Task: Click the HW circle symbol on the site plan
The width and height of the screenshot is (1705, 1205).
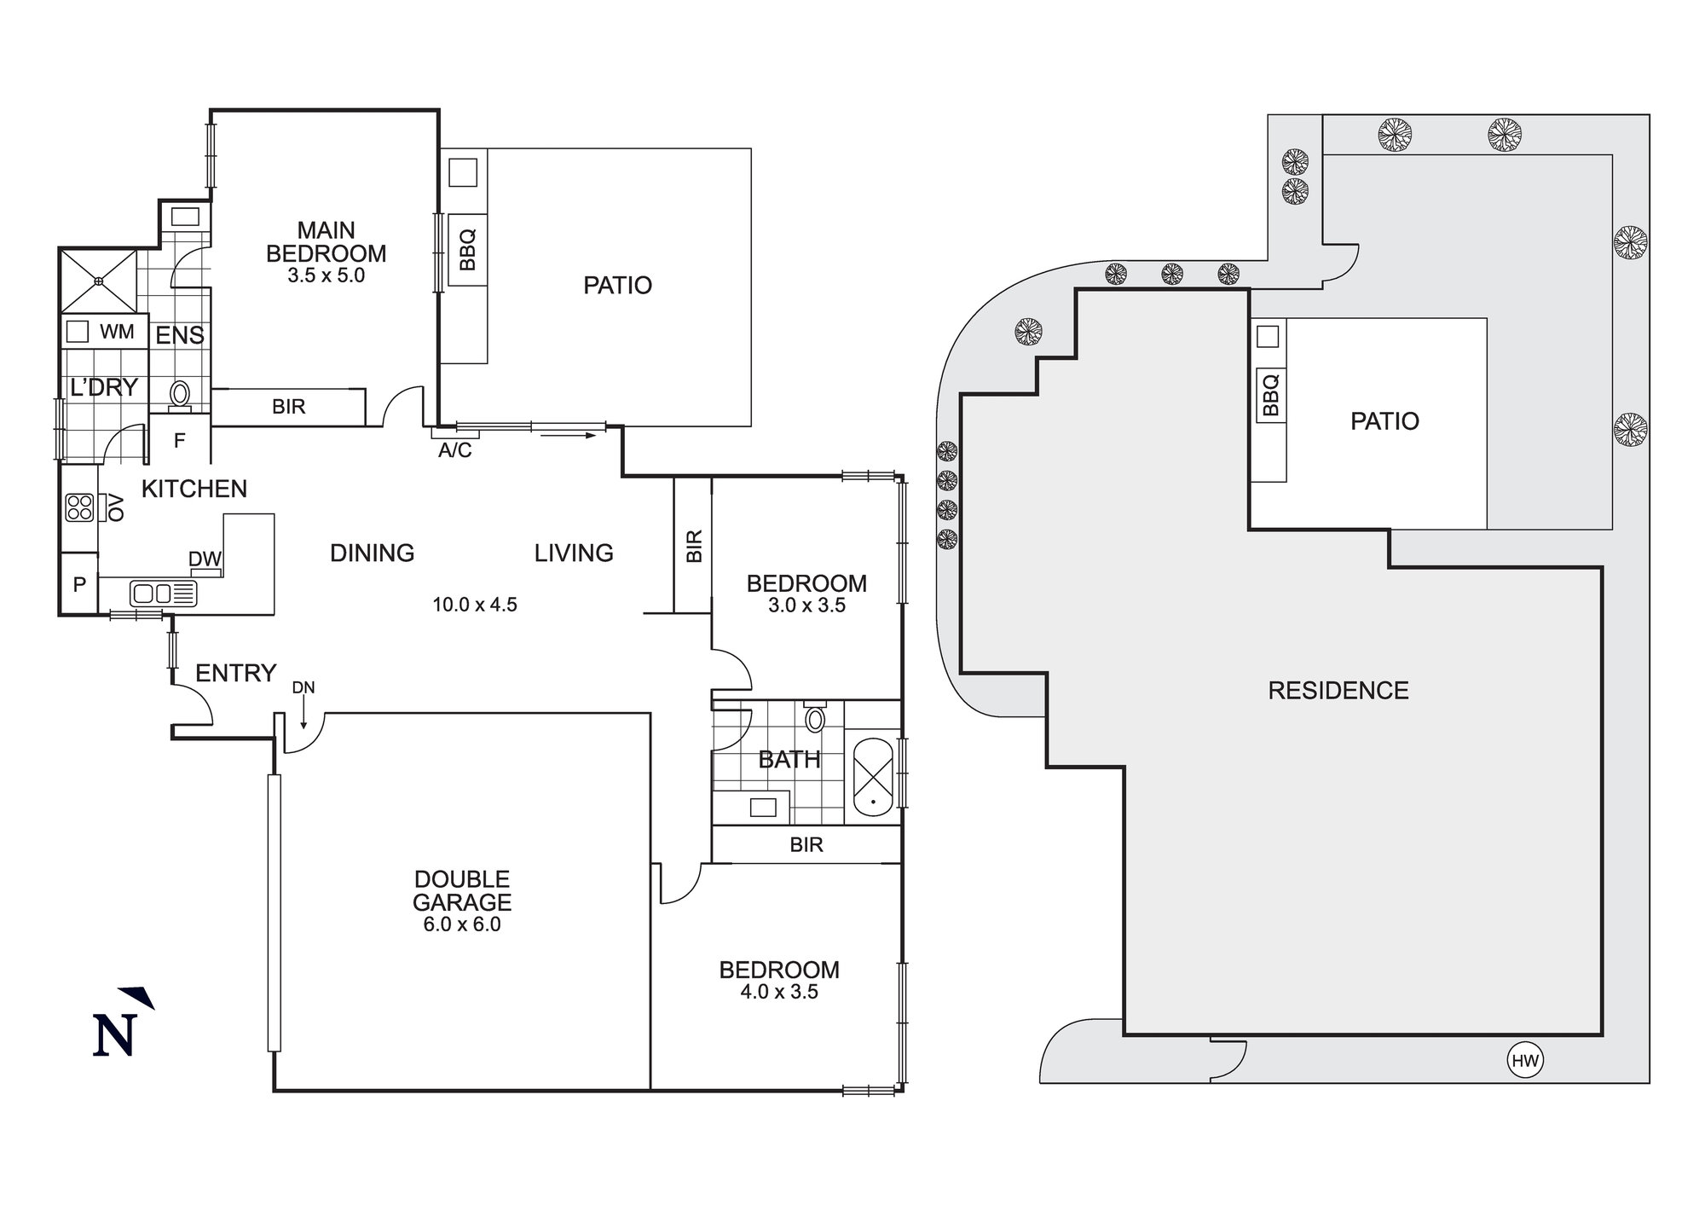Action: [1524, 1061]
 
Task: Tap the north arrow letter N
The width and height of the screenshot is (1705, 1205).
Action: [114, 1035]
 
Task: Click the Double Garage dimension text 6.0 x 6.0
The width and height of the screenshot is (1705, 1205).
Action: [462, 925]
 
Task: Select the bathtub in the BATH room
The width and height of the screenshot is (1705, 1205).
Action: [872, 777]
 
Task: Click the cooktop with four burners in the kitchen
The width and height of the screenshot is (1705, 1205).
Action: [79, 507]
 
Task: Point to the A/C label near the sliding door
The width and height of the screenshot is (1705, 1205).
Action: [454, 450]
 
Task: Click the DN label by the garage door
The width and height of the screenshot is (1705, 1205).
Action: [303, 687]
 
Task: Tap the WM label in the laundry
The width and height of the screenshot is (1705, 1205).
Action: [117, 332]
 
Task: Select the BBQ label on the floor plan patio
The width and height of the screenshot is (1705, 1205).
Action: [466, 249]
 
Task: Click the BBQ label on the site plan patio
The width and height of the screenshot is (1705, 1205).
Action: [1270, 395]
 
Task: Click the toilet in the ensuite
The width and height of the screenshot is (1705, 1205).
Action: [180, 395]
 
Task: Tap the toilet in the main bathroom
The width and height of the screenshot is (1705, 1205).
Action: [815, 718]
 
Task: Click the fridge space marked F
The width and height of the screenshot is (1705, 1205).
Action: [179, 441]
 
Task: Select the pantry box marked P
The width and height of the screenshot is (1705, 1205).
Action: [79, 584]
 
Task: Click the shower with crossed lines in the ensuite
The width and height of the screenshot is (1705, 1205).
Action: [99, 281]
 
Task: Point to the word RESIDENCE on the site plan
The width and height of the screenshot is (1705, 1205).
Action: [1338, 691]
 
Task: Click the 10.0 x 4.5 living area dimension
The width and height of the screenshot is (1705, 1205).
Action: [475, 605]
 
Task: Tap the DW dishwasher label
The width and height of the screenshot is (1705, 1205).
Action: [205, 559]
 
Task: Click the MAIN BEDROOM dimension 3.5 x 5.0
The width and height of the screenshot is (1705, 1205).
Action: [326, 275]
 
